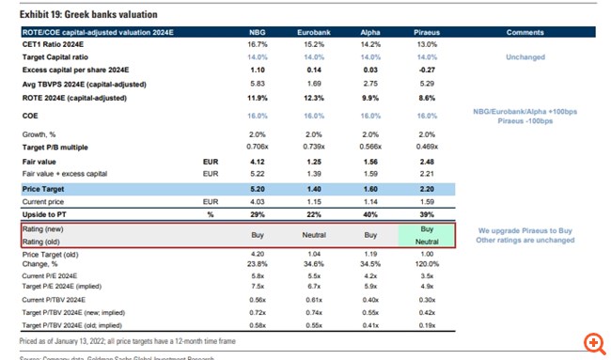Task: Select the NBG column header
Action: tap(256, 32)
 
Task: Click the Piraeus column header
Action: tap(427, 32)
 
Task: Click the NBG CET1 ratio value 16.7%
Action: tap(256, 44)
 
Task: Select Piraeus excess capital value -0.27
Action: tap(427, 70)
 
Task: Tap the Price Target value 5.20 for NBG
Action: tap(256, 188)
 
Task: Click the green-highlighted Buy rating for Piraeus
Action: tap(427, 228)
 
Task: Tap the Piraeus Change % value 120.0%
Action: tap(427, 265)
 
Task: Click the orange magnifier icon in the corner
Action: tap(592, 343)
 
